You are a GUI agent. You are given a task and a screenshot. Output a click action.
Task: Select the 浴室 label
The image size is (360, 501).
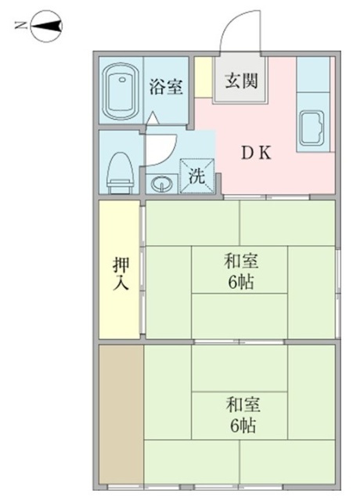tap(166, 86)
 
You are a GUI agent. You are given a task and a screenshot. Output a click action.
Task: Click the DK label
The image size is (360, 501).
tap(255, 153)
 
